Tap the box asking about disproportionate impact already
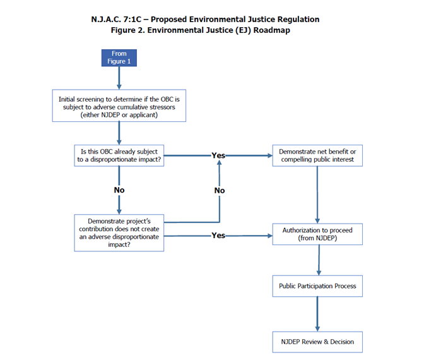(119, 155)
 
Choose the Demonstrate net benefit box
(317, 155)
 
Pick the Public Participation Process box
(317, 286)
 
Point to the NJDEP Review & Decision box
(317, 342)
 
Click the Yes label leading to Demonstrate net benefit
(218, 155)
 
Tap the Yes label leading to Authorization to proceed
(218, 236)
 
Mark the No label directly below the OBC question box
(119, 190)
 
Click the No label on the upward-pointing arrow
(219, 190)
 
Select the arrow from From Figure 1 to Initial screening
(119, 78)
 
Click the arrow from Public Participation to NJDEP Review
(317, 314)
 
